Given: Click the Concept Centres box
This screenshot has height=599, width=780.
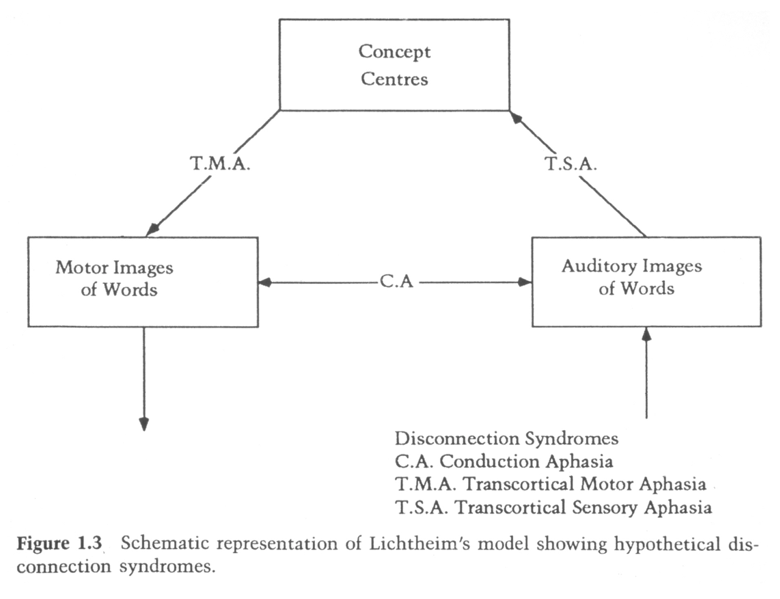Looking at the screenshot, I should click(394, 65).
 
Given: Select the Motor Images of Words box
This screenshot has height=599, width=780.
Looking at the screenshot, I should click(143, 282).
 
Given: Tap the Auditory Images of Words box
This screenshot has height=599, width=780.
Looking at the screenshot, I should click(646, 282).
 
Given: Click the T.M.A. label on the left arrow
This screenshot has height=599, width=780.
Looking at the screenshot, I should click(220, 164).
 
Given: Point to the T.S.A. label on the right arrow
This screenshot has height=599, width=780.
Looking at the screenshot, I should click(570, 164).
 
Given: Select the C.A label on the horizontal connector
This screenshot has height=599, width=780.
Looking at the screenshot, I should click(396, 282).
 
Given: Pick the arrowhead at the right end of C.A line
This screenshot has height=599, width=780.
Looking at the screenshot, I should click(525, 282).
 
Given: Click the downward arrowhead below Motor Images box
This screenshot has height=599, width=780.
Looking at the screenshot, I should click(144, 424).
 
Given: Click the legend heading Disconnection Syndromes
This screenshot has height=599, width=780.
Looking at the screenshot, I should click(506, 438).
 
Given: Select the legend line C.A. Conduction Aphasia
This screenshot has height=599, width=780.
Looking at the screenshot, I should click(503, 461).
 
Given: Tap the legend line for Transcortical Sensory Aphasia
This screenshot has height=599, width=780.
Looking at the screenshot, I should click(553, 507).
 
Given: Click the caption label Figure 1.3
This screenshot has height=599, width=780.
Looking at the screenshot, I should click(59, 543).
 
